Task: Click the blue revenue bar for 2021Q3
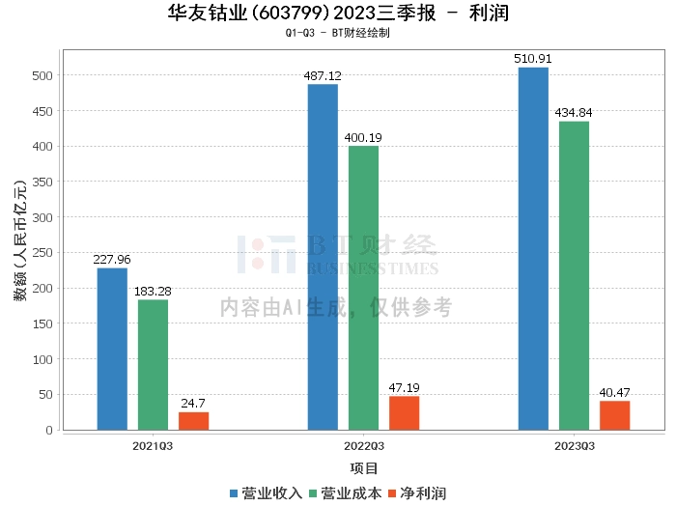click(112, 349)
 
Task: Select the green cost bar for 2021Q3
click(153, 364)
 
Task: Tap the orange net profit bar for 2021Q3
click(193, 421)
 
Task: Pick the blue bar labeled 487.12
click(323, 257)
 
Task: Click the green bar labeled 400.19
click(363, 288)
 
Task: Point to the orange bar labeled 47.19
click(404, 413)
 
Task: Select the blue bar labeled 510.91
click(533, 248)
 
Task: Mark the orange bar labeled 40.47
click(614, 415)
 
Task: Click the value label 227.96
click(112, 259)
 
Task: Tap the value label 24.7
click(193, 403)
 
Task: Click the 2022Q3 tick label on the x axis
click(363, 446)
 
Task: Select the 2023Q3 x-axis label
click(574, 446)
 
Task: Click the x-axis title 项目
click(363, 468)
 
